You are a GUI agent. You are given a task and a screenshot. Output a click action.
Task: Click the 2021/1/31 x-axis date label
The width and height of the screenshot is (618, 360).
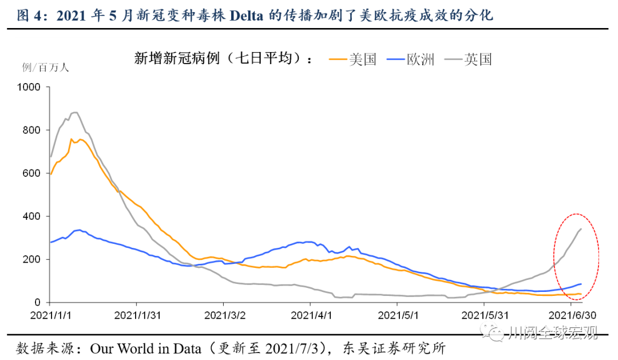137,315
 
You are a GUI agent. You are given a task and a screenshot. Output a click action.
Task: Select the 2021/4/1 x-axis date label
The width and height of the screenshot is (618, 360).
310,315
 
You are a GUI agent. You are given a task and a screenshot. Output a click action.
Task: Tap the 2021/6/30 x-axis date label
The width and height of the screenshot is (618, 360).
572,315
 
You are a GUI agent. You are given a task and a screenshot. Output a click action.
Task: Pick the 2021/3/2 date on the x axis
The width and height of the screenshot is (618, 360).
224,315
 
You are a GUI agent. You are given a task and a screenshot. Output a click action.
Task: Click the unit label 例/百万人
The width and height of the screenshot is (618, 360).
45,68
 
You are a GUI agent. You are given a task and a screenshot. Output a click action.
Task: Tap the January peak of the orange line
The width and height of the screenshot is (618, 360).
72,139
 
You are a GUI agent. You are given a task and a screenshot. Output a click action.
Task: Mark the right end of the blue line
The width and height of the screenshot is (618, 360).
581,284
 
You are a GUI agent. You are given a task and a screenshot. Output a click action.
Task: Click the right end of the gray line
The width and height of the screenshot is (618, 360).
581,229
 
